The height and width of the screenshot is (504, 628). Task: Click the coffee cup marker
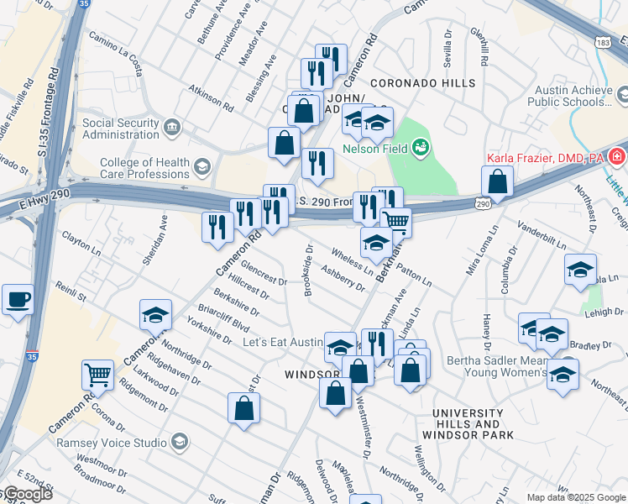click(x=18, y=299)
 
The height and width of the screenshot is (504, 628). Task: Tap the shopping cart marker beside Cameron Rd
click(x=98, y=375)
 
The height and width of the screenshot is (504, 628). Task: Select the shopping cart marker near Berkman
click(x=395, y=223)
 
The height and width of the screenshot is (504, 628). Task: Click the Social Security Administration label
click(x=121, y=129)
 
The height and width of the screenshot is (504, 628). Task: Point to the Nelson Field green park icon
click(x=421, y=149)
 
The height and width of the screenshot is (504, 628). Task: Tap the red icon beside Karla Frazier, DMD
click(x=617, y=157)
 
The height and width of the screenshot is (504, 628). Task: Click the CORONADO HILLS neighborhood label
click(x=411, y=84)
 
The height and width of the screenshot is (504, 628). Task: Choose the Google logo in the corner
click(x=27, y=494)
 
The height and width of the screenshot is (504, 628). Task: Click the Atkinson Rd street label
click(x=211, y=98)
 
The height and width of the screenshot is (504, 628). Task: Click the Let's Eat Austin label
click(x=281, y=343)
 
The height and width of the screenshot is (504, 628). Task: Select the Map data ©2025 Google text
click(x=576, y=497)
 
